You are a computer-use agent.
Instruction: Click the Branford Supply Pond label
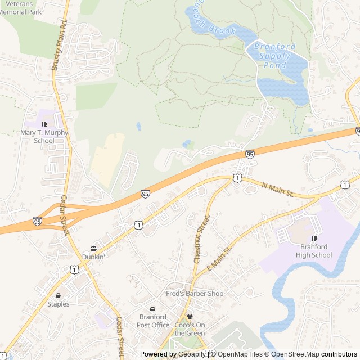[271, 56]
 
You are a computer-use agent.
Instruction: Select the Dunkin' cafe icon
[93, 248]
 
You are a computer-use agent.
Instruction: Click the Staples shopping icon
[57, 295]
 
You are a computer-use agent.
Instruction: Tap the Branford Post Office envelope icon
[152, 309]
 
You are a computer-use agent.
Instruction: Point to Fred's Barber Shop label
[195, 294]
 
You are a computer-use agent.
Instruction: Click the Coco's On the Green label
[190, 329]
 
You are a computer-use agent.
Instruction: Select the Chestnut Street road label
[201, 239]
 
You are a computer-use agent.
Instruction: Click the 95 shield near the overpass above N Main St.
[250, 154]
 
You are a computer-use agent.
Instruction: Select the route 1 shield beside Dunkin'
[138, 225]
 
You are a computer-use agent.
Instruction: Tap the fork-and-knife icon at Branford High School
[314, 238]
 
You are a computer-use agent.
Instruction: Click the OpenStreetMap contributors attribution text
[320, 354]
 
